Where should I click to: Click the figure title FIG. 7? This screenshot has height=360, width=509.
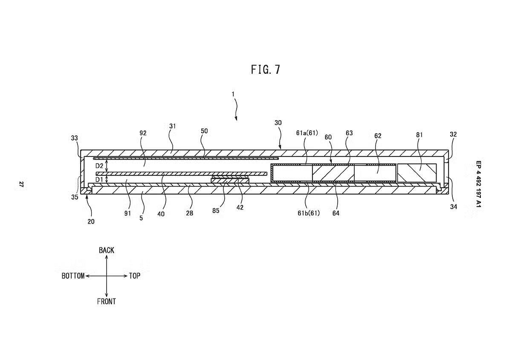(266, 70)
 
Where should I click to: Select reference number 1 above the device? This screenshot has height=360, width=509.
(233, 94)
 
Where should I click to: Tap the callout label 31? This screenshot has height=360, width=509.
(172, 126)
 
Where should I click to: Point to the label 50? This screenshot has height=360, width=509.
(204, 131)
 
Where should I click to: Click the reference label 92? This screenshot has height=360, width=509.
(142, 133)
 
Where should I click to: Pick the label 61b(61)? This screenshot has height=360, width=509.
(309, 213)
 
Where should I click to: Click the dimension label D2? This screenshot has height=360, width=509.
(99, 165)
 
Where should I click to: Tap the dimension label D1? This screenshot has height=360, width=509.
(99, 180)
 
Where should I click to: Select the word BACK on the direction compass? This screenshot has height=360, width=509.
(106, 250)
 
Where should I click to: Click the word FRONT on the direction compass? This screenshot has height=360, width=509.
(106, 302)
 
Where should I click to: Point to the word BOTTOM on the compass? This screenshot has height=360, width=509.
(73, 276)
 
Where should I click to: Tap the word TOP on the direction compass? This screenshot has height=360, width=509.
(134, 276)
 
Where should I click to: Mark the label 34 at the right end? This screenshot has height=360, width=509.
(453, 207)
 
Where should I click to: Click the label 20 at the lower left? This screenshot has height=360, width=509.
(91, 221)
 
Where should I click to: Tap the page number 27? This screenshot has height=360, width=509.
(20, 184)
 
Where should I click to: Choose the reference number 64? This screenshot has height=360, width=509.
(336, 213)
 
